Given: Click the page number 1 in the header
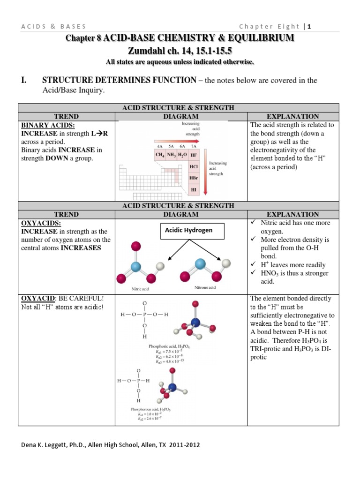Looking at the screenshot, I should pyautogui.click(x=309, y=26).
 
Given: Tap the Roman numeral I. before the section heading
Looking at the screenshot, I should pyautogui.click(x=23, y=81).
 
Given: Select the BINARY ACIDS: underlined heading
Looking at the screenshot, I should pyautogui.click(x=41, y=125).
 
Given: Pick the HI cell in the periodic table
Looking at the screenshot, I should pyautogui.click(x=193, y=190).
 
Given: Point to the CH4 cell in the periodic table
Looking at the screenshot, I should pyautogui.click(x=160, y=154).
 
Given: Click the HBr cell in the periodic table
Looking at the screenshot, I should pyautogui.click(x=193, y=178).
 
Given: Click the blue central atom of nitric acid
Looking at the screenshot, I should pyautogui.click(x=135, y=267).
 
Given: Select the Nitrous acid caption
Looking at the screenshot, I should pyautogui.click(x=205, y=287).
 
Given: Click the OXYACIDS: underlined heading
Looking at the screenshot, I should pyautogui.click(x=37, y=223).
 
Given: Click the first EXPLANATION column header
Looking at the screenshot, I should pyautogui.click(x=292, y=116).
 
